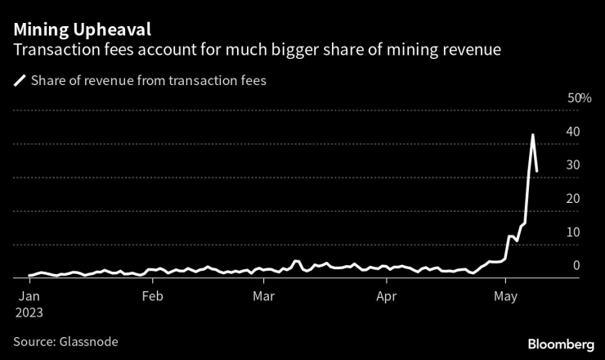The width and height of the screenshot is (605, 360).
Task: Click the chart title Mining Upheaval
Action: (x=82, y=30)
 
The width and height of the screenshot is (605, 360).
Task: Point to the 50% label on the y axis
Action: (x=579, y=98)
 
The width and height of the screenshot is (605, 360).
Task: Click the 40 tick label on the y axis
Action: (x=574, y=132)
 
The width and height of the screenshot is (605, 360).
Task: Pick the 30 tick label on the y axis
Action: (x=574, y=165)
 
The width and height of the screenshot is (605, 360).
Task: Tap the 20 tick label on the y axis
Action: (x=574, y=199)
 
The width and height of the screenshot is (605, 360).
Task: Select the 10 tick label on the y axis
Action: (x=574, y=232)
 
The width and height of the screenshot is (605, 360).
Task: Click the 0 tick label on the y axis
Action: (x=576, y=266)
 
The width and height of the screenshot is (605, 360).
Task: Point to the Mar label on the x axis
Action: (x=264, y=295)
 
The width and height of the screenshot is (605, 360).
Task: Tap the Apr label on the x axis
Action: (x=387, y=295)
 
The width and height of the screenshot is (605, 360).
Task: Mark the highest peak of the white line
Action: (x=533, y=135)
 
